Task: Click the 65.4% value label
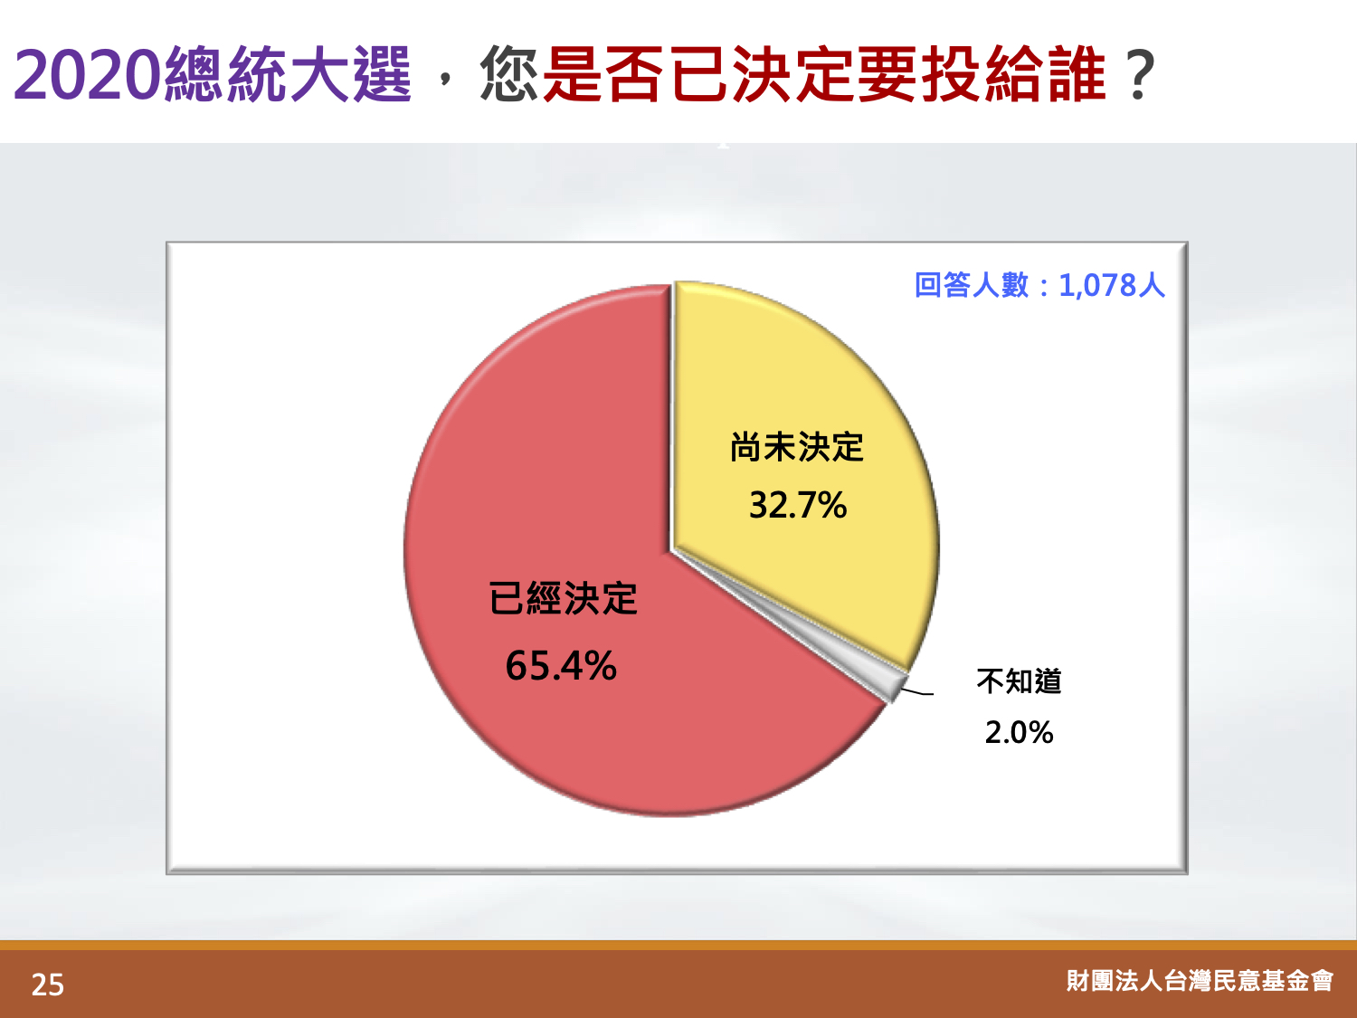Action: (x=561, y=666)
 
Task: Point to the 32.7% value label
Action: (x=798, y=505)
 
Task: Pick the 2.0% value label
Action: (x=1019, y=732)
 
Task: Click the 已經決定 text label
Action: (x=563, y=598)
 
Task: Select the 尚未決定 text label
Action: (x=796, y=447)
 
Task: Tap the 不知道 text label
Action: (x=1019, y=681)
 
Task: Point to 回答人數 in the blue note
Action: (x=972, y=285)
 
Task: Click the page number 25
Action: (x=48, y=985)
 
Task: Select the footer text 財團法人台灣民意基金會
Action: (x=1200, y=980)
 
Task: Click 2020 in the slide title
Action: (x=87, y=75)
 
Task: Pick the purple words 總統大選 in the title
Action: (x=288, y=74)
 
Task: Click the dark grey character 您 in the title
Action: (x=508, y=74)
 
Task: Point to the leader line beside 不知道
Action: (x=917, y=691)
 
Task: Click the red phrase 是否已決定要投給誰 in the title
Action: (x=824, y=74)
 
